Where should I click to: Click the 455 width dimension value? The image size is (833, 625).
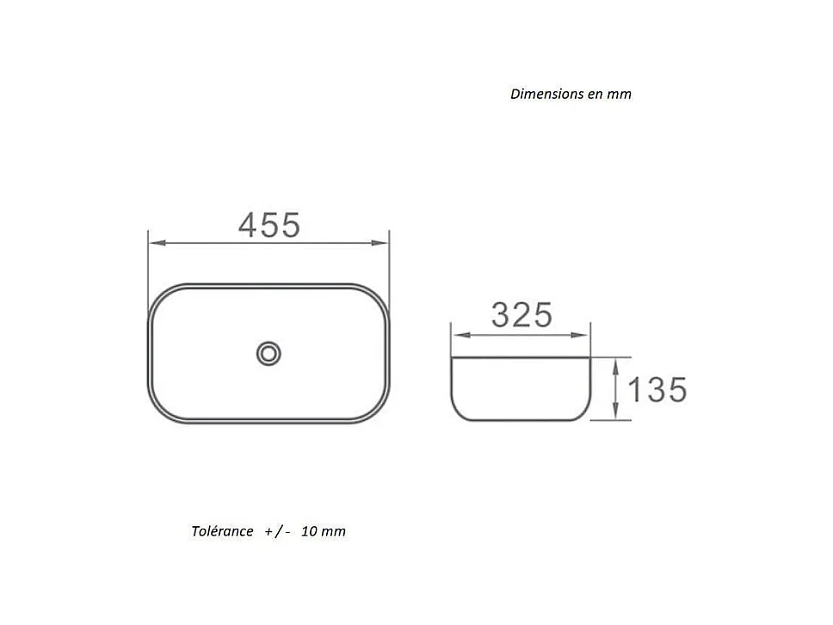[x=269, y=226]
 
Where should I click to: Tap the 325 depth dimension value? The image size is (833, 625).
[x=521, y=315]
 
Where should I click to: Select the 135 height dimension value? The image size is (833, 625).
[x=657, y=390]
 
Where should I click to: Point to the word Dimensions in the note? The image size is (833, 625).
[x=546, y=94]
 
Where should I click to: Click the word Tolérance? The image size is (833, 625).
[x=223, y=531]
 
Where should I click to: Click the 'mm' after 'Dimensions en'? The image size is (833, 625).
[x=620, y=94]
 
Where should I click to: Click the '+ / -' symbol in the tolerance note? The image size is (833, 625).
[x=278, y=531]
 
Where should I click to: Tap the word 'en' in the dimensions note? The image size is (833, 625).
[x=595, y=94]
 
